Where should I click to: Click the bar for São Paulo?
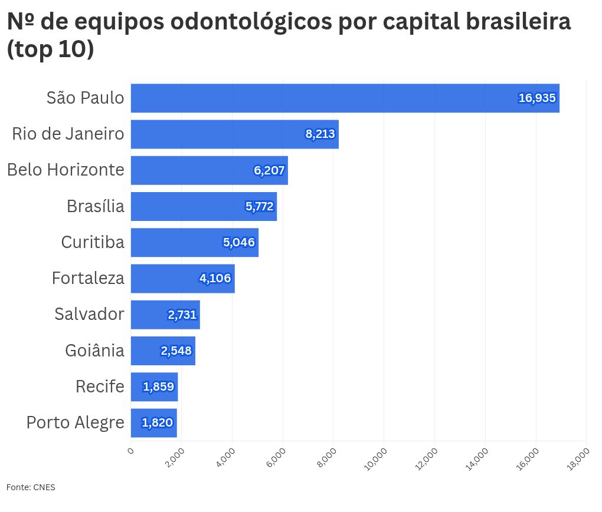tap(345, 98)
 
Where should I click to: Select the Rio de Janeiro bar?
tap(234, 134)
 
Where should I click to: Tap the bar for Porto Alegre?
tap(153, 423)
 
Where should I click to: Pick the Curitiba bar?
tap(194, 242)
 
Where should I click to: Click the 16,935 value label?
tap(537, 98)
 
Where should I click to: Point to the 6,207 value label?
tap(269, 171)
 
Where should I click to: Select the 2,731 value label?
tap(182, 315)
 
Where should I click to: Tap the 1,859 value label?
tap(158, 387)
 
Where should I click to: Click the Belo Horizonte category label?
tap(66, 170)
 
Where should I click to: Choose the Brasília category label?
tap(96, 206)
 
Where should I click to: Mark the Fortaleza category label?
tap(88, 278)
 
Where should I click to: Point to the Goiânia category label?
tap(94, 351)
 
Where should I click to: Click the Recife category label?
tap(100, 387)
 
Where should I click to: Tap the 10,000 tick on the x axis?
tap(376, 459)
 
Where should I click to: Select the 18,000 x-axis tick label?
tap(578, 459)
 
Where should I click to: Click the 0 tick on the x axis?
tap(130, 451)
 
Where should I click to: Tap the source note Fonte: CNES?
tap(31, 487)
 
